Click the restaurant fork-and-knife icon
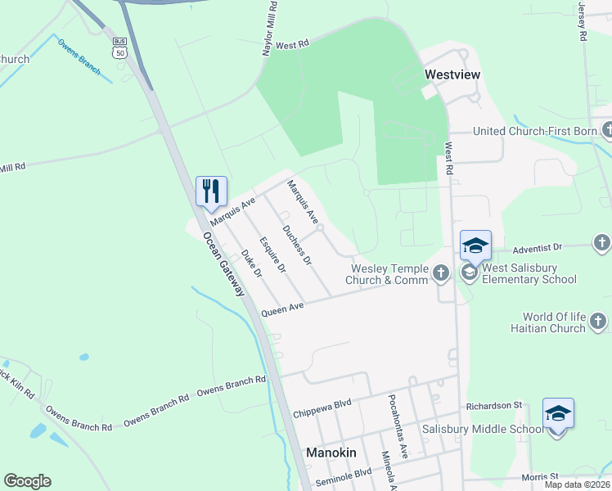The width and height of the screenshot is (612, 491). click(x=211, y=191)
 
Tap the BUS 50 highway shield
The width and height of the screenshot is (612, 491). click(x=120, y=47)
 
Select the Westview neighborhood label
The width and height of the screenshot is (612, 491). click(x=452, y=74)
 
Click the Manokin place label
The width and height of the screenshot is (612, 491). click(x=329, y=452)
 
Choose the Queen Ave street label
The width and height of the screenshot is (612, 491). click(x=282, y=309)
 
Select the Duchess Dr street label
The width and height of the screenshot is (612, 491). click(x=296, y=245)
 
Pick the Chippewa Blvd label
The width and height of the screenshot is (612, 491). click(x=322, y=409)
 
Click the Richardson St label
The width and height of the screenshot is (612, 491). click(x=494, y=405)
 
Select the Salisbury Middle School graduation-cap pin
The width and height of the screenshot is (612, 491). click(x=558, y=413)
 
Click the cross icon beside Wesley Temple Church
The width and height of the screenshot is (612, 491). click(x=441, y=273)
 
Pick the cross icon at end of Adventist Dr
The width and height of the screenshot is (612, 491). click(x=601, y=243)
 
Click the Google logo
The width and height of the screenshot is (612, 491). click(x=27, y=481)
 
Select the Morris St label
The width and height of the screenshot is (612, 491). click(x=541, y=476)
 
